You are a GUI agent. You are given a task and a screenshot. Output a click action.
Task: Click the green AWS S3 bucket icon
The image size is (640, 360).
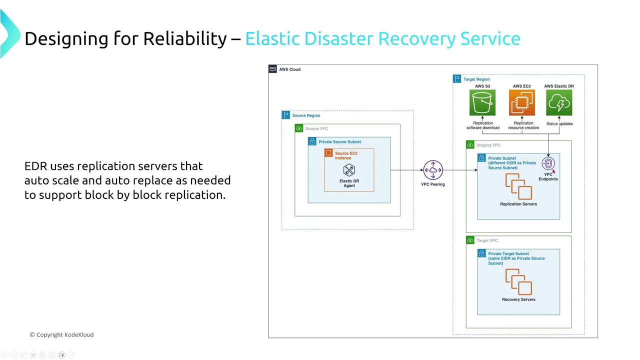482,103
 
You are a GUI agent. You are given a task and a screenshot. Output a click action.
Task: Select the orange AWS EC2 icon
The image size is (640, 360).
521,103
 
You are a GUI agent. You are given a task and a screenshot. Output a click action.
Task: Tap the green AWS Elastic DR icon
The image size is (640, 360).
559,103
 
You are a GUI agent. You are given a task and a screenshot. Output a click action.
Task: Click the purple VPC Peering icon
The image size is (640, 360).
433,170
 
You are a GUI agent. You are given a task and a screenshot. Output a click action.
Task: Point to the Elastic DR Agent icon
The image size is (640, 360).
349,170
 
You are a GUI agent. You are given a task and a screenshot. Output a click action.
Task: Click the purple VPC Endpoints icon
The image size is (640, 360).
548,163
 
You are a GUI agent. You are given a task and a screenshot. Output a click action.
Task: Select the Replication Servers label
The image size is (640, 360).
518,204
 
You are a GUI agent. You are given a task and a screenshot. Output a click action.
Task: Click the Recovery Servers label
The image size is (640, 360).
518,299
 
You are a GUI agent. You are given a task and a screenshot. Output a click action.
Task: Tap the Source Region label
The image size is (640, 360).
306,115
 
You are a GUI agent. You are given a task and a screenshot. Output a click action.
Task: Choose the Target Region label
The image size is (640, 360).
476,79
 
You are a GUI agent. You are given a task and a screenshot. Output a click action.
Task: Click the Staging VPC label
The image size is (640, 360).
488,145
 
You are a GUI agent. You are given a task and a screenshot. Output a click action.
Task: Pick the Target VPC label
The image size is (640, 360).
487,240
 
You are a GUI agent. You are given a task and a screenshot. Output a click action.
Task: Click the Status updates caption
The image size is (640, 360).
559,123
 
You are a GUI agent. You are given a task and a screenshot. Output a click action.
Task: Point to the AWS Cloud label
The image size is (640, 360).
289,69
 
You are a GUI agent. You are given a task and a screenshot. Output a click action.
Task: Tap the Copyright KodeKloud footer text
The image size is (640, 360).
61,334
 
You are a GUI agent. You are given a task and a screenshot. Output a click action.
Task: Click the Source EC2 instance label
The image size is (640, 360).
346,155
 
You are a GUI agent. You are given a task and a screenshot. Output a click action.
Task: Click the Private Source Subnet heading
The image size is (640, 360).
339,142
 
